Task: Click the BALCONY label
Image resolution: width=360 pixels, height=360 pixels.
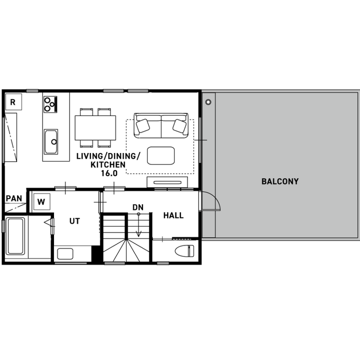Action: tap(280, 181)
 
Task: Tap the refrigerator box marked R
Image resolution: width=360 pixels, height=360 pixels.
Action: tap(13, 101)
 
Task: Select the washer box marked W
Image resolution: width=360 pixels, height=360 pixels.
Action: tap(41, 202)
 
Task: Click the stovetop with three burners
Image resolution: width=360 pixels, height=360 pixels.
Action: tap(50, 104)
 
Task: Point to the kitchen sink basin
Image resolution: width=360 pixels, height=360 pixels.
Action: tap(51, 141)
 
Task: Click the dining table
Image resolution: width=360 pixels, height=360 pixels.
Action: tap(95, 128)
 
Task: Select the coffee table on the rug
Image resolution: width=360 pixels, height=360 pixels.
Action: tap(160, 155)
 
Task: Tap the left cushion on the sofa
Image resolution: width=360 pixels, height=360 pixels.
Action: tap(143, 125)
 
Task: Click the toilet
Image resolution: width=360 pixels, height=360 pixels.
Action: tap(184, 250)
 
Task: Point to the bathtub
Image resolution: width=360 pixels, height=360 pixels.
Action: tap(15, 236)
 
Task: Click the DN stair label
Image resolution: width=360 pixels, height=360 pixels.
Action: tap(138, 207)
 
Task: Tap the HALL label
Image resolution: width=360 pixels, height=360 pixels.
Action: tap(173, 215)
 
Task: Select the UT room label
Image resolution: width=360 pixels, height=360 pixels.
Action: tap(74, 221)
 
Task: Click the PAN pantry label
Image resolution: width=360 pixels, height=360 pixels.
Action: tap(14, 198)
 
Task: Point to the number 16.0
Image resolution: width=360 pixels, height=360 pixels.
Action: tap(109, 173)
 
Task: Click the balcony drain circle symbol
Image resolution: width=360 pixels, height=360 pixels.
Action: tap(208, 102)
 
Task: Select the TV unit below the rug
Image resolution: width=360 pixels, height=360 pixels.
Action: tap(167, 182)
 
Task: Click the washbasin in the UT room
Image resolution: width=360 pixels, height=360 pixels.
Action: tap(65, 253)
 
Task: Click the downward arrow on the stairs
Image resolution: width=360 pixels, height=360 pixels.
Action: tap(138, 225)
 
